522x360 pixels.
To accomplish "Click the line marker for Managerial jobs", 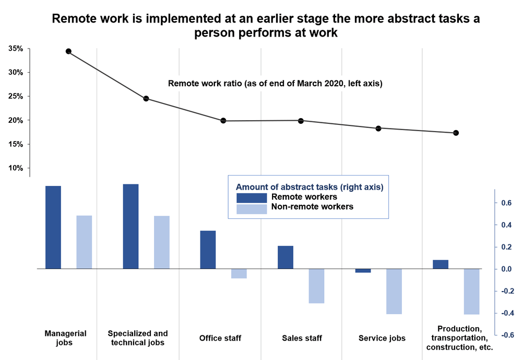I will (x=68, y=51).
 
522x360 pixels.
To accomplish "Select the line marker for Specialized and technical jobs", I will (x=146, y=99).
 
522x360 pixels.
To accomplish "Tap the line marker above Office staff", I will (x=223, y=121).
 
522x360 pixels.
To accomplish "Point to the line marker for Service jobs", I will (x=378, y=129).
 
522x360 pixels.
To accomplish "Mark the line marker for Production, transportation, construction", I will (x=456, y=133).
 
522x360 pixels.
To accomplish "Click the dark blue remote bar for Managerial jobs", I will (x=53, y=227).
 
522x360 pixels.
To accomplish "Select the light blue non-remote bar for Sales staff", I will (x=316, y=286).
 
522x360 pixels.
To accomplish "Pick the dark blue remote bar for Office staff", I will (x=208, y=250).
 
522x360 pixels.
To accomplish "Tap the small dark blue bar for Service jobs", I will (x=363, y=271).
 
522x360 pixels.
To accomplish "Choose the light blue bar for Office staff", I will (x=239, y=273).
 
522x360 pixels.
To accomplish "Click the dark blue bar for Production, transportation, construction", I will (x=441, y=264).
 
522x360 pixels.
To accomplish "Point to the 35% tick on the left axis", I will (x=15, y=49).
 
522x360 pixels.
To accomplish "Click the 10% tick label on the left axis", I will (x=15, y=168).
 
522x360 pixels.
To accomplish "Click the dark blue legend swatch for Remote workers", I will (x=252, y=198).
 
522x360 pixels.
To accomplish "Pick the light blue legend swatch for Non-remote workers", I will (x=252, y=209).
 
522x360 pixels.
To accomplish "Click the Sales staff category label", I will (x=301, y=338).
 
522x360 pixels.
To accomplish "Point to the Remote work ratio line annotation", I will (x=275, y=83).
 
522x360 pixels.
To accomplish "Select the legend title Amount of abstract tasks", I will (x=310, y=187).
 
